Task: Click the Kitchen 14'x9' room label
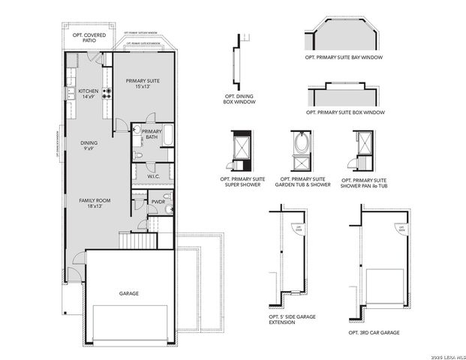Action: click(x=88, y=93)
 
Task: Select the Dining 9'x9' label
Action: click(x=89, y=145)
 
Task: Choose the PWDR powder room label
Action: click(x=158, y=201)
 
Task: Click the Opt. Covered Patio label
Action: click(x=83, y=37)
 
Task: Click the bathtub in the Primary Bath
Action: click(x=167, y=136)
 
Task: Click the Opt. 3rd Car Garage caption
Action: click(x=374, y=331)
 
